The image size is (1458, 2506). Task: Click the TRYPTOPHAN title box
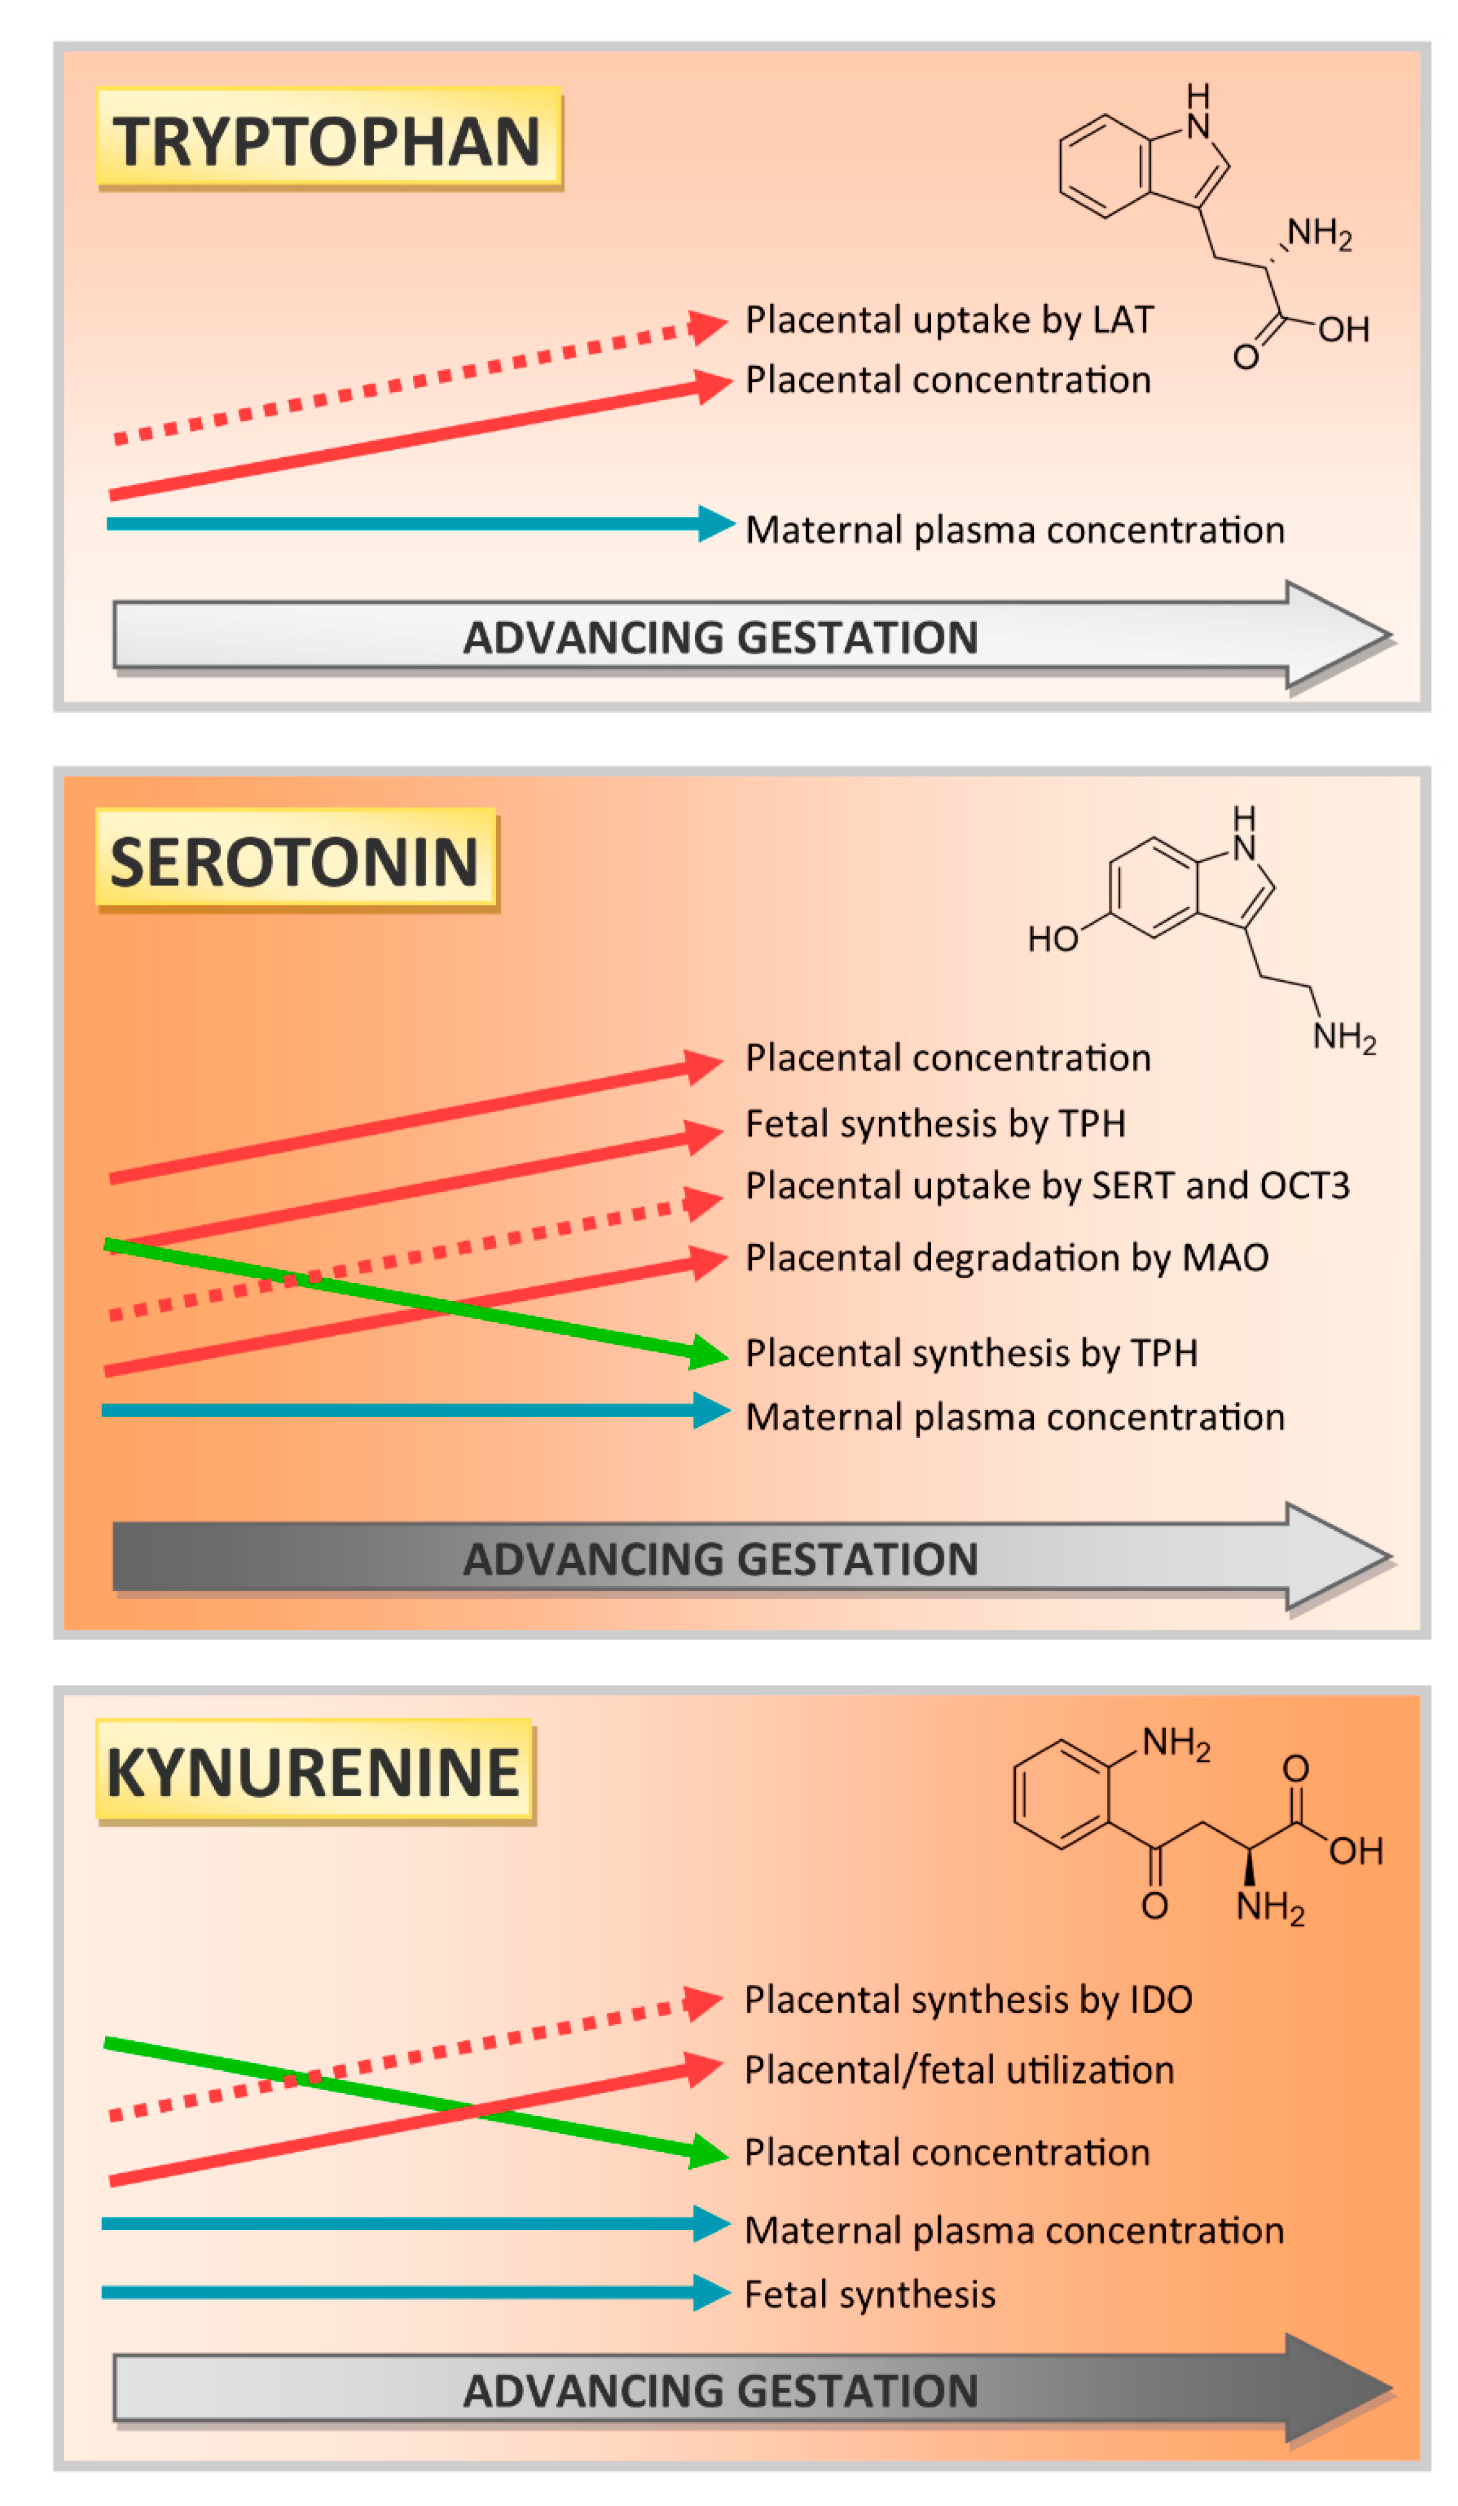[328, 139]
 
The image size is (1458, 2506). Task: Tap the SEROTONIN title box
[295, 860]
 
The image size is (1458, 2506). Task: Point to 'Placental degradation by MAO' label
[1006, 1258]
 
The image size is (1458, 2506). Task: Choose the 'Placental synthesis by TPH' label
[971, 1353]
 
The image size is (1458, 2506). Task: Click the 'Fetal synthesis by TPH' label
[935, 1124]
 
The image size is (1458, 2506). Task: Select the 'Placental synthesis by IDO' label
[968, 2000]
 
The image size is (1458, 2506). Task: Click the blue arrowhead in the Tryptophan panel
[715, 523]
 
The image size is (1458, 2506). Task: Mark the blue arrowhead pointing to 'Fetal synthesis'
[711, 2292]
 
